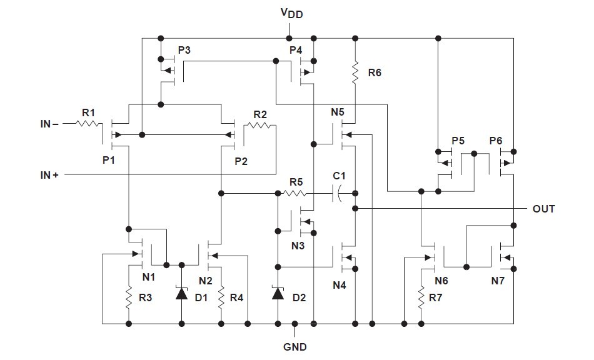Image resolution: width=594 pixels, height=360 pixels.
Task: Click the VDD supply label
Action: (x=292, y=13)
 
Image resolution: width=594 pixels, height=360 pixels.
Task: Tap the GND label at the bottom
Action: (x=294, y=347)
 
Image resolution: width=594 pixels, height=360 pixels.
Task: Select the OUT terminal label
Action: (x=543, y=209)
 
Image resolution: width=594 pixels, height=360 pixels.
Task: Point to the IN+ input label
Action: (x=49, y=175)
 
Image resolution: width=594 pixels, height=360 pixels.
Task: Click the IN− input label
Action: (x=49, y=124)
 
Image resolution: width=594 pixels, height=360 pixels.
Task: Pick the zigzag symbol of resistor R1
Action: (x=89, y=123)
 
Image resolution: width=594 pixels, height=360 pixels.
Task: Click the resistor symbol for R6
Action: (x=355, y=72)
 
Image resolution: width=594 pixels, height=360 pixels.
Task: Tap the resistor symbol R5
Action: (x=294, y=194)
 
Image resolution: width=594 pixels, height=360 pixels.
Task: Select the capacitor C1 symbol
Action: (x=337, y=194)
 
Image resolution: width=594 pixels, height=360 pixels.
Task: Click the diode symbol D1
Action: (x=182, y=293)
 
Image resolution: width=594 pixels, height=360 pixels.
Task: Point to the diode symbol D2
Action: (x=278, y=293)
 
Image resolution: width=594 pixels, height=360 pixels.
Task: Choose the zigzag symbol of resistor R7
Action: (x=421, y=297)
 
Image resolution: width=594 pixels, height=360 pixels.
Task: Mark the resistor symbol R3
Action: (x=129, y=297)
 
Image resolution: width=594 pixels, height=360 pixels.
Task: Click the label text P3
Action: (x=184, y=51)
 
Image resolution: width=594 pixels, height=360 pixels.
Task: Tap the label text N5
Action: (x=338, y=112)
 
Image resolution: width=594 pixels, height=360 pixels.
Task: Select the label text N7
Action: (x=498, y=281)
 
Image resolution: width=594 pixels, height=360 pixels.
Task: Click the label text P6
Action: (x=496, y=141)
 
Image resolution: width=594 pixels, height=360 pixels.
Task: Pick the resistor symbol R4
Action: (x=221, y=297)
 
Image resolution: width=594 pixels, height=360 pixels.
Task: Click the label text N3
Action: (x=298, y=246)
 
